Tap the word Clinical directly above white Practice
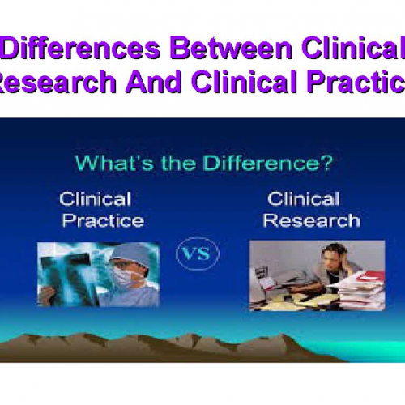click(95, 198)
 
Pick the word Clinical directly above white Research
click(303, 198)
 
